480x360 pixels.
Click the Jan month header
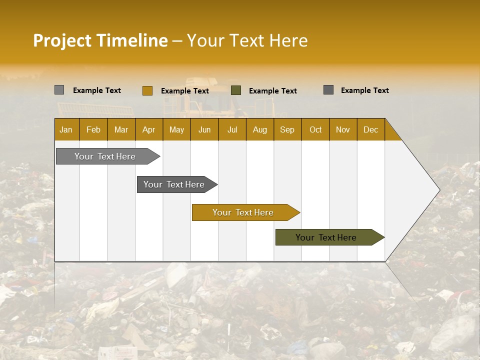click(66, 129)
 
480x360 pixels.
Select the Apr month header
click(148, 129)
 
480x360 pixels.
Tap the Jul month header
click(232, 129)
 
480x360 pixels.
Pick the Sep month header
click(287, 129)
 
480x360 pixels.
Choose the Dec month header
click(370, 129)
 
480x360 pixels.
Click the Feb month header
click(93, 129)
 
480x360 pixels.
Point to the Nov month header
click(342, 129)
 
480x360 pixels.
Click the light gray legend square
click(59, 90)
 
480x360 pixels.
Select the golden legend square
click(147, 90)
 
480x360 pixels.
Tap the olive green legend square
click(236, 90)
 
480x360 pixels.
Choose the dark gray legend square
click(328, 90)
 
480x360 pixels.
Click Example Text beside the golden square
click(184, 91)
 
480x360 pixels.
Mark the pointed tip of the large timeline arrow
click(439, 190)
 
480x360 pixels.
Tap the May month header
click(176, 129)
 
